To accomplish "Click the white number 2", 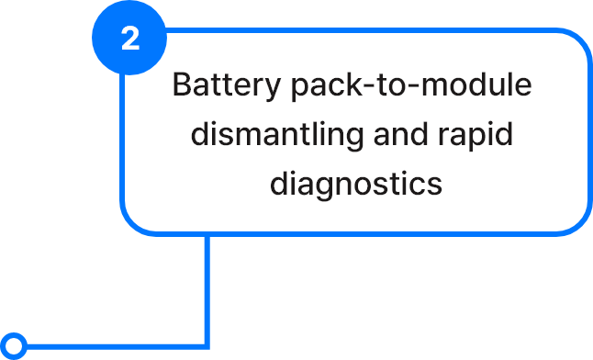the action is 130,39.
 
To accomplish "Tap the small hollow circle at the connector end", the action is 14,346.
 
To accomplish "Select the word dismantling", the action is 277,134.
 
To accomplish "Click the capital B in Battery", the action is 183,84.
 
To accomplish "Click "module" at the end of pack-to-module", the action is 477,84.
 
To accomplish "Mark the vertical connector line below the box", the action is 207,290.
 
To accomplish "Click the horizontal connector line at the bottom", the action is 116,346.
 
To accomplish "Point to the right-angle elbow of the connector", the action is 207,346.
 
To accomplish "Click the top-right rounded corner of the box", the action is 578,41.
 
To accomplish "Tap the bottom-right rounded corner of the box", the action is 578,222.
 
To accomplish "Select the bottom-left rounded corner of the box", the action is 133,222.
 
